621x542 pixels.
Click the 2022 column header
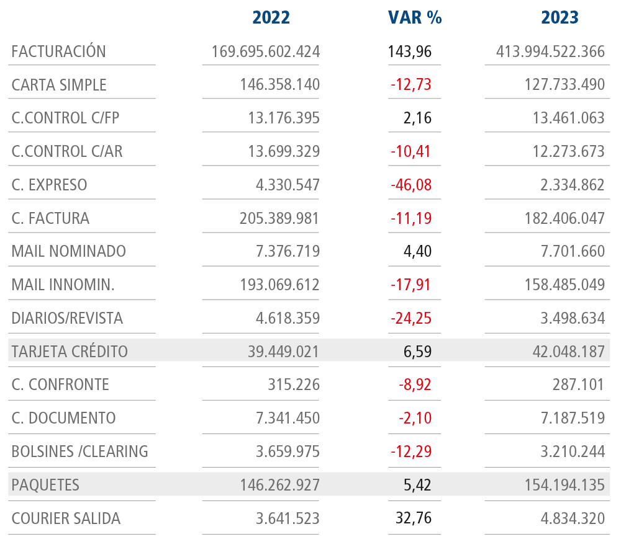tap(271, 17)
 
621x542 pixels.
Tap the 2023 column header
tap(560, 17)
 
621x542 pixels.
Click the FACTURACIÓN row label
tap(58, 51)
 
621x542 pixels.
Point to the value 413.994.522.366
tap(550, 51)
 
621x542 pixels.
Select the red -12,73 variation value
tap(410, 85)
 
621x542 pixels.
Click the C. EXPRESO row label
tap(49, 185)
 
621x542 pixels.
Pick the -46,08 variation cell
tap(410, 185)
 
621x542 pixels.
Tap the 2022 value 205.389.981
tap(279, 218)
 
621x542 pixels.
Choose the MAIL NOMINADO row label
tap(68, 252)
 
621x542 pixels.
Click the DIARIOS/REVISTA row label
tap(67, 319)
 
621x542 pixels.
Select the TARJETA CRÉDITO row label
tap(70, 352)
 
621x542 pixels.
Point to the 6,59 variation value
tap(417, 352)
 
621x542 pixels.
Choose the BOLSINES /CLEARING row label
tap(79, 451)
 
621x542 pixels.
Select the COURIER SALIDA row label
tap(66, 518)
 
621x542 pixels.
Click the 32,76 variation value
tap(414, 518)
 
